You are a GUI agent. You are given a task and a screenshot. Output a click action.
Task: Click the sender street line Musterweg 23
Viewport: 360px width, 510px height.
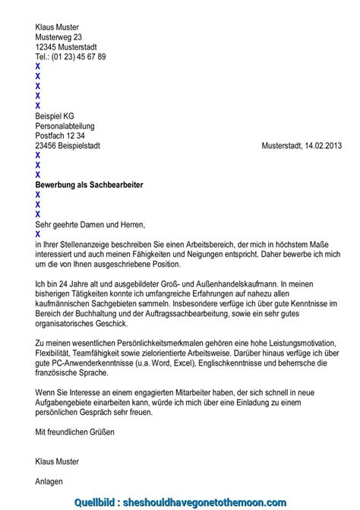click(x=58, y=36)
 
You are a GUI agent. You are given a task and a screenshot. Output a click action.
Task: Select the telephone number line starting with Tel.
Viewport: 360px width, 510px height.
click(x=71, y=56)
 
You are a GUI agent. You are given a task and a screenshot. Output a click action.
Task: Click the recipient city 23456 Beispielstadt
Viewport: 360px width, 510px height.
click(x=68, y=145)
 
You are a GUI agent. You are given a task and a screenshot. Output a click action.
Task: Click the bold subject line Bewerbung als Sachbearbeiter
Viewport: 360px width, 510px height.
click(x=89, y=185)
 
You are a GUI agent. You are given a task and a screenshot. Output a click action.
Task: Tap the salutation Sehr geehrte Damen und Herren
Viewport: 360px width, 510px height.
click(x=90, y=224)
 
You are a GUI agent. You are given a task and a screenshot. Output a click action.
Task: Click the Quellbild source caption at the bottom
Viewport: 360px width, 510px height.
click(x=180, y=502)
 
